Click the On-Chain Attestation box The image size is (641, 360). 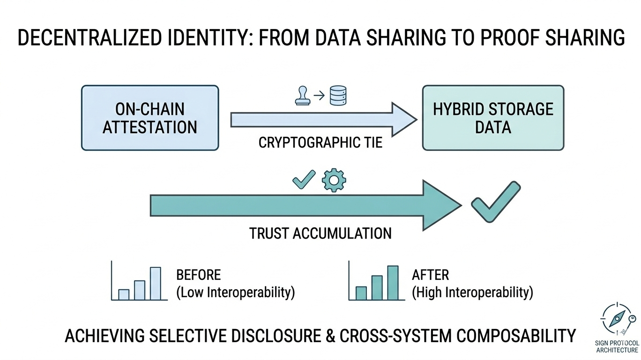pos(150,118)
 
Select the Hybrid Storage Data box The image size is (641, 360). pos(493,118)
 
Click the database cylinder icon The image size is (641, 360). pos(338,95)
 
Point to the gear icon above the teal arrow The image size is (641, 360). pos(334,180)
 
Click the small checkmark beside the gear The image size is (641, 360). pos(304,180)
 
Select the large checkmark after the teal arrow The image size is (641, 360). pos(495,201)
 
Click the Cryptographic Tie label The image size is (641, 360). pos(320,142)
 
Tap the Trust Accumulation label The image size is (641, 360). pos(320,233)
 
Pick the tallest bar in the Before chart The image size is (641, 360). pos(155,283)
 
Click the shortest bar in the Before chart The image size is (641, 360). pos(124,294)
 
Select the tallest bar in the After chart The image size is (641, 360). pos(393,283)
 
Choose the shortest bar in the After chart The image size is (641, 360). pos(361,293)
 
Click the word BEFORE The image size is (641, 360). pos(198,275)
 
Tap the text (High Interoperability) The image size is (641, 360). pos(472,293)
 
